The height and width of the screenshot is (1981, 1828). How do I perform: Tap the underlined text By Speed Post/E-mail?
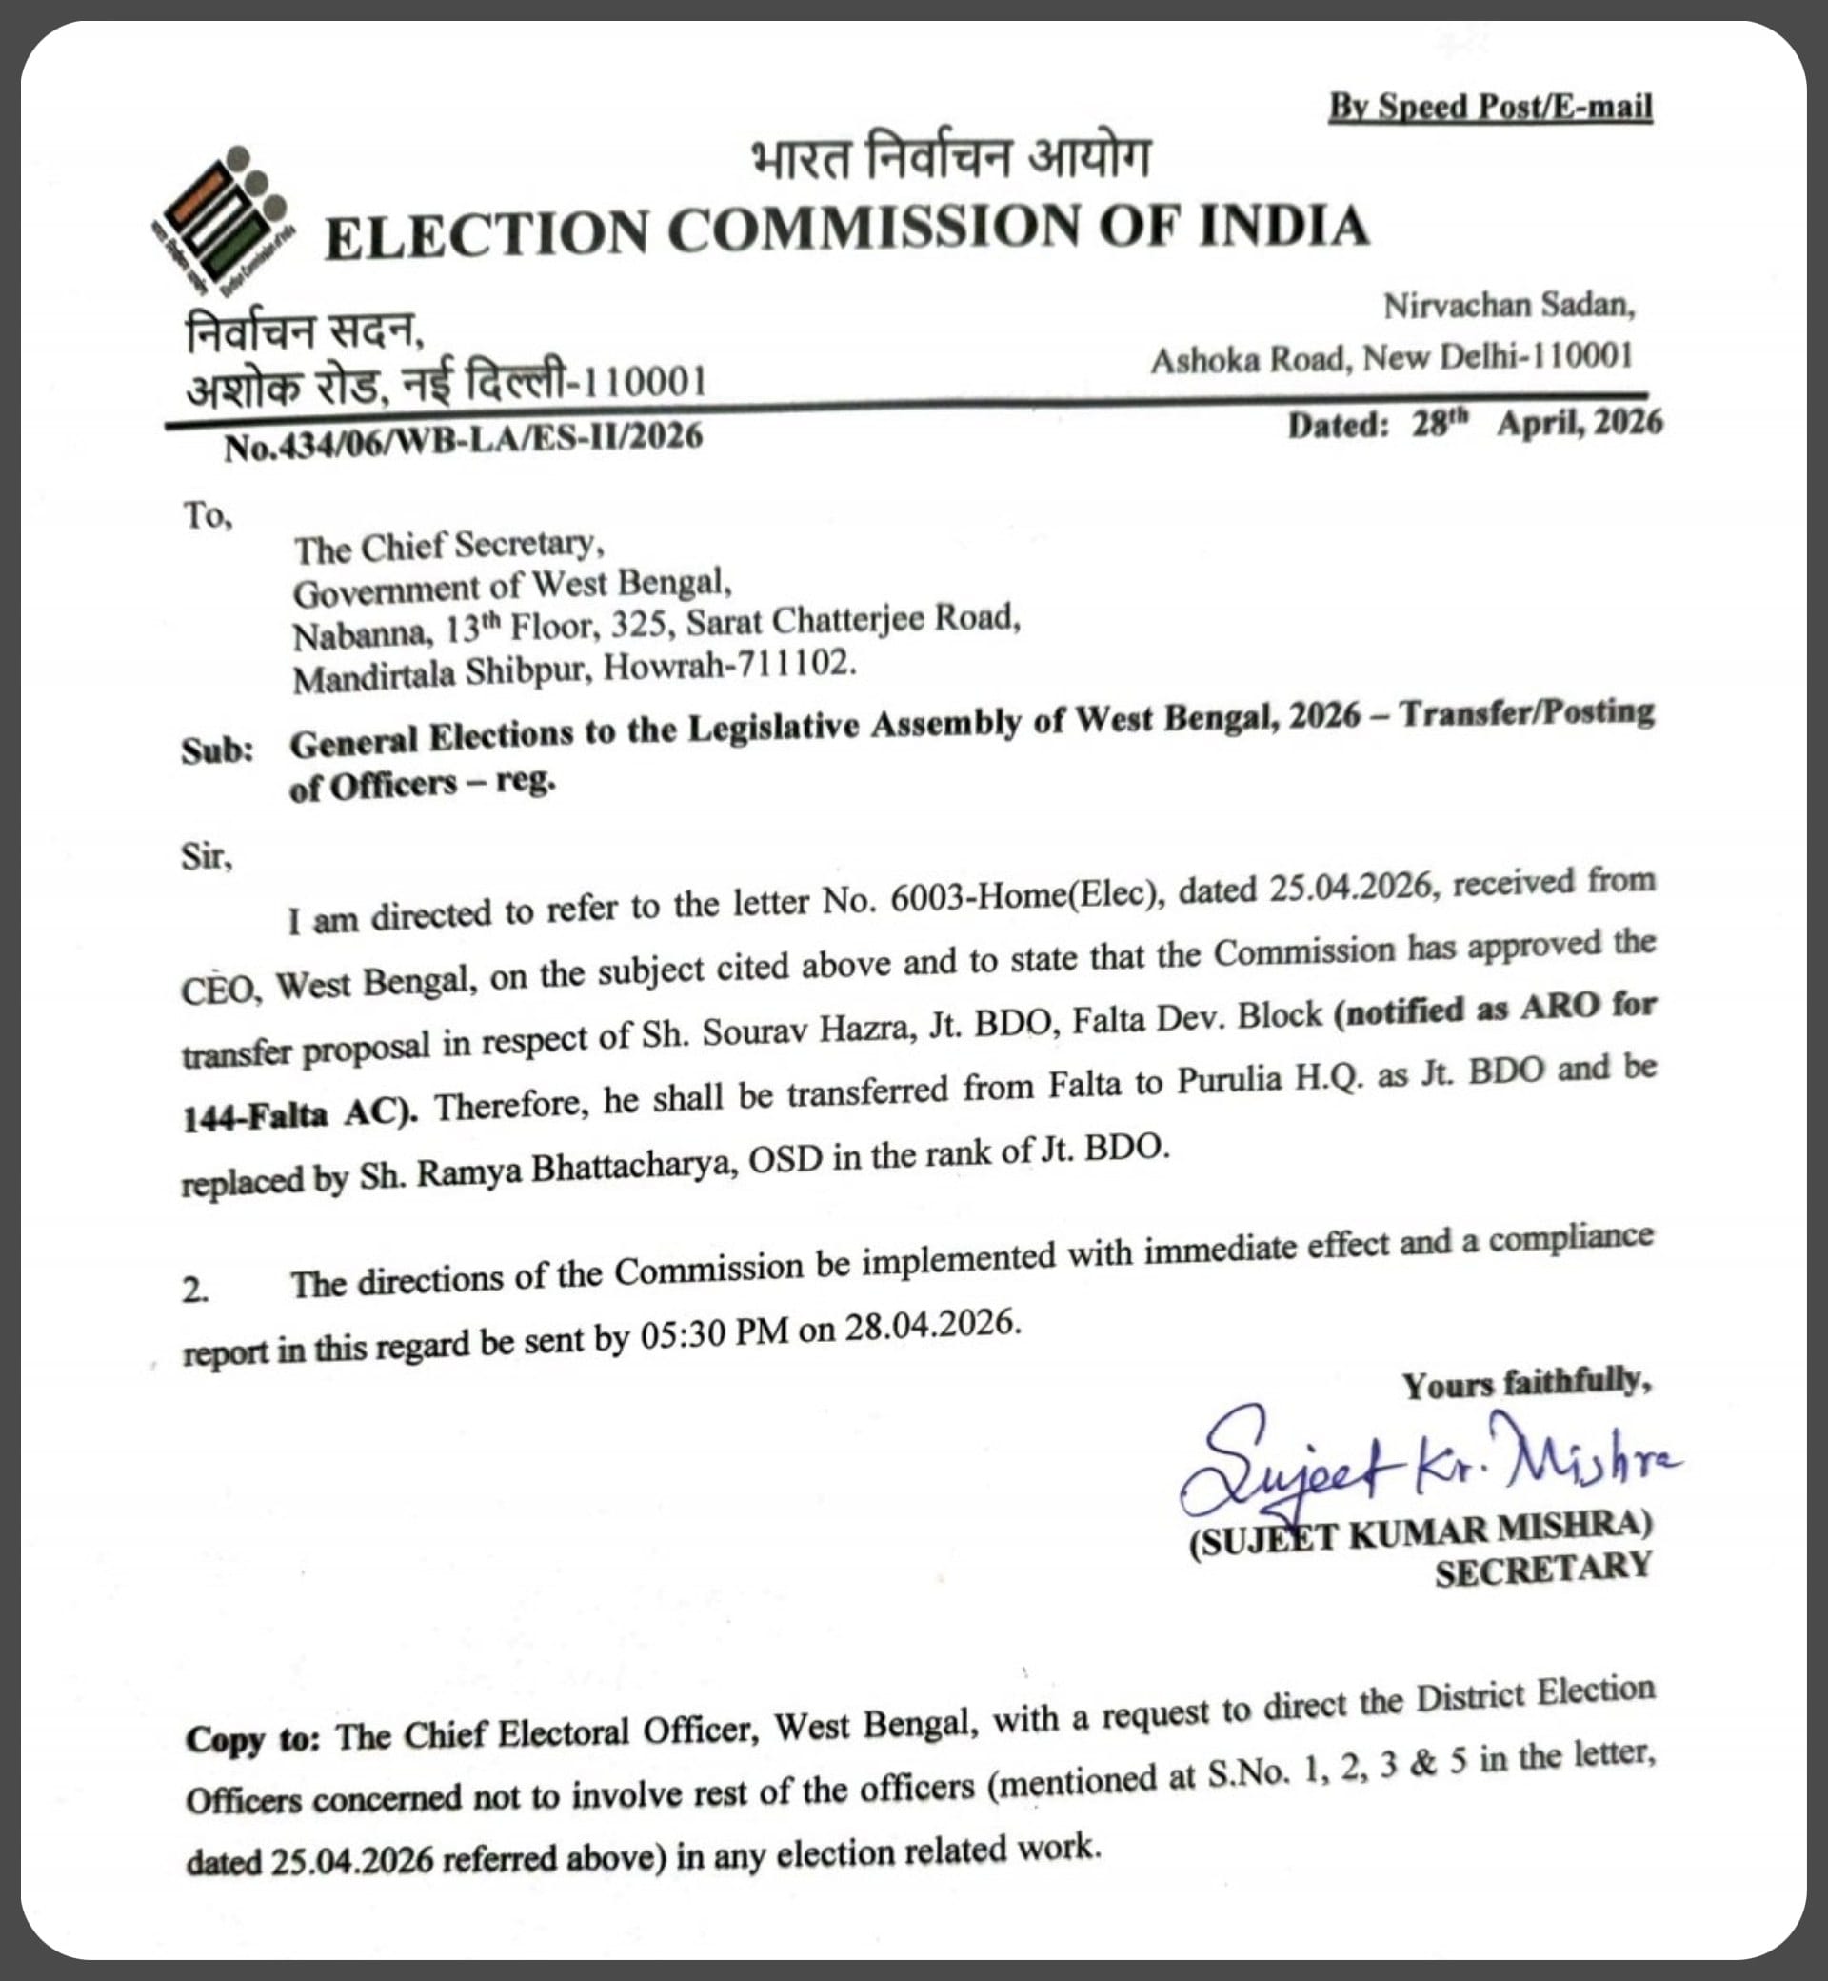pos(1490,107)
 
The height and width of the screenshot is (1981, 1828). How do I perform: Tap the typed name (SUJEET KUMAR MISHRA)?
pos(1421,1533)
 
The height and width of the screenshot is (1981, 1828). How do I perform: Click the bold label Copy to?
pos(252,1738)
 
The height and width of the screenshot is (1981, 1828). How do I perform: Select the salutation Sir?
pos(207,856)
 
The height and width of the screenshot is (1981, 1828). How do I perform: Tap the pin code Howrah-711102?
pos(729,666)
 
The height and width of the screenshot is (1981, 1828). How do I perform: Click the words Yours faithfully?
pos(1526,1382)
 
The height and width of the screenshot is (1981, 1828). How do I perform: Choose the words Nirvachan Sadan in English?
pos(1507,306)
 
